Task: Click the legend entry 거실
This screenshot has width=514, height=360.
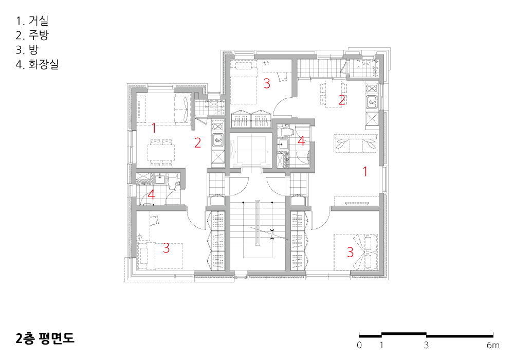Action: pos(39,21)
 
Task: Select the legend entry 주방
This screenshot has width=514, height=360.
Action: pos(39,35)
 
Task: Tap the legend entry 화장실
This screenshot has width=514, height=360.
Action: pos(43,64)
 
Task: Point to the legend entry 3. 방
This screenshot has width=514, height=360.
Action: pos(27,49)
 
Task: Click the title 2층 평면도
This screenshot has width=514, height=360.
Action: pos(45,338)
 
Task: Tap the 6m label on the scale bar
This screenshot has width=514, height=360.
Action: pos(493,345)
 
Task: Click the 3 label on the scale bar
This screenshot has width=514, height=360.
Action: pos(426,345)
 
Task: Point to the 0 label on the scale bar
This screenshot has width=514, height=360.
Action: pos(359,345)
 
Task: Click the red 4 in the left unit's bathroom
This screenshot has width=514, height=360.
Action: pos(151,194)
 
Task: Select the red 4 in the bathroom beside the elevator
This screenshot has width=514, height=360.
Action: pos(301,140)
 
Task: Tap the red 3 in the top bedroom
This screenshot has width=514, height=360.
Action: pos(267,84)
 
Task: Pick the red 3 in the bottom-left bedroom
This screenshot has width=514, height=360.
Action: pos(166,248)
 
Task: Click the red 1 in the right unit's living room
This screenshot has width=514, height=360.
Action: pos(365,171)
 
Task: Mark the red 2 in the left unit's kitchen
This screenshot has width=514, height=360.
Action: pos(198,143)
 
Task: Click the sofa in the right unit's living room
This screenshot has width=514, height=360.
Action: pos(356,143)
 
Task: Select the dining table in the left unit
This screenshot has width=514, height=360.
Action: pos(161,152)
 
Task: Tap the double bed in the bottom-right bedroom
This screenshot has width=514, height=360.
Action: pos(356,252)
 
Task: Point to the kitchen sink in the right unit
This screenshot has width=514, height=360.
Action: pos(372,103)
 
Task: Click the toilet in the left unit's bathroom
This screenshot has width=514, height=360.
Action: pos(172,182)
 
